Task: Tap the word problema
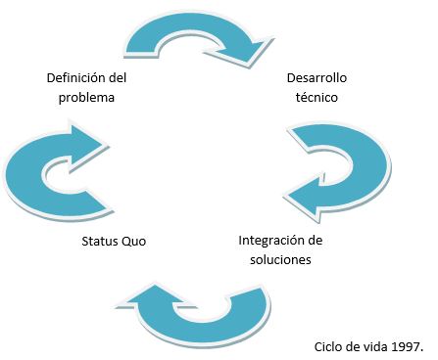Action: [x=87, y=97]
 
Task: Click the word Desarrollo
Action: [x=316, y=76]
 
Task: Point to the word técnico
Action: [x=316, y=97]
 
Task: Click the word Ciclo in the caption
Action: [x=329, y=346]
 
